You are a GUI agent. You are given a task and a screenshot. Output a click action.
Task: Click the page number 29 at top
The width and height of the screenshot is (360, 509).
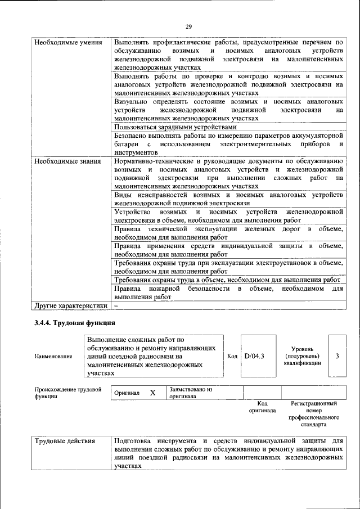[x=188, y=26]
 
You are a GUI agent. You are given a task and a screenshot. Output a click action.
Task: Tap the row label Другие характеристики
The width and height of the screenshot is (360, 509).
[x=70, y=305]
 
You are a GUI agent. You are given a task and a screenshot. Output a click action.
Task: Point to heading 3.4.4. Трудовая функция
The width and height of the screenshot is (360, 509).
[x=75, y=323]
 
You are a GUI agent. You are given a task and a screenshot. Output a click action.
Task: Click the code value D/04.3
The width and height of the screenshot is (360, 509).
[x=254, y=356]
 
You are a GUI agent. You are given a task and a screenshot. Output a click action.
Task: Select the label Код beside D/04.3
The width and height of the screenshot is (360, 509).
[x=232, y=356]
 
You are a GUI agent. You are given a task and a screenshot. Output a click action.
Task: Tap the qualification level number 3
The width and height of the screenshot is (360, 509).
[x=336, y=356]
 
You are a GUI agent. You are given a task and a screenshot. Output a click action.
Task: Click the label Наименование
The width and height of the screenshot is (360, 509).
[x=53, y=357]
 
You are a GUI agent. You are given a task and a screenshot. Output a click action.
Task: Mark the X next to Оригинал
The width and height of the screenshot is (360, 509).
[x=152, y=393]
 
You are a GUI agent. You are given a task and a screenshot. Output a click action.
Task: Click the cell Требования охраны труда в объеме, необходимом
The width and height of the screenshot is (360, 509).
[x=227, y=280]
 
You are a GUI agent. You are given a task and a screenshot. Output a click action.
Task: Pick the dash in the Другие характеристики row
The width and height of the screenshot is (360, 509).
[x=116, y=305]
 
